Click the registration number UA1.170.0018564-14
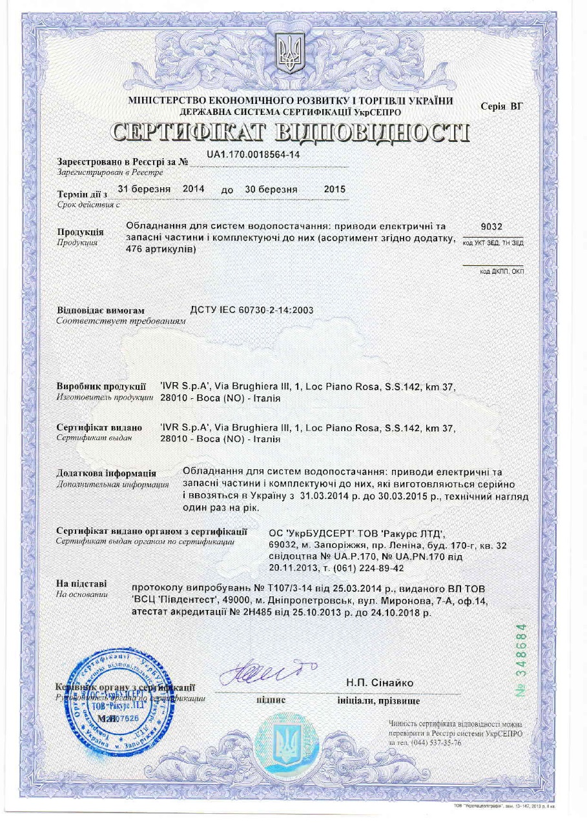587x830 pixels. (253, 155)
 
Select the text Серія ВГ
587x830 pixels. (502, 106)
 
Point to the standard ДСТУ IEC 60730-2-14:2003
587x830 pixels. (252, 310)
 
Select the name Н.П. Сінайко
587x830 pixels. (380, 683)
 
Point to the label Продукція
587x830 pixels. (81, 232)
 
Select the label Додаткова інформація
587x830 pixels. (106, 473)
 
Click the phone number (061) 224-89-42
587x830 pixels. (367, 568)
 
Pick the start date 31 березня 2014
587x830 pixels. (161, 189)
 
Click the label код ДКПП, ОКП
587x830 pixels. (501, 272)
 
